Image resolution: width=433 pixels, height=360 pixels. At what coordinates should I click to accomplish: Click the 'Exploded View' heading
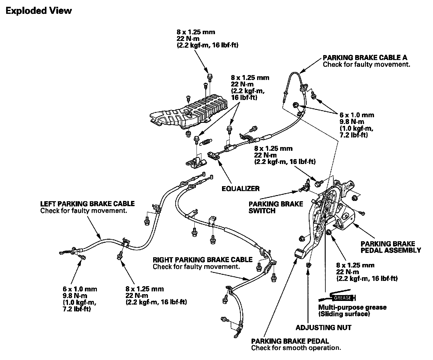pyautogui.click(x=38, y=11)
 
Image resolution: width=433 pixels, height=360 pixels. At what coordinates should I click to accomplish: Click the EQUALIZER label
pyautogui.click(x=240, y=188)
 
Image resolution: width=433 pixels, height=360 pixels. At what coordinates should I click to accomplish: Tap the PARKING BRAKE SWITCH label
pyautogui.click(x=276, y=207)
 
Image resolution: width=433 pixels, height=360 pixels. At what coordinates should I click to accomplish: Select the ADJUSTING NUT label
pyautogui.click(x=323, y=327)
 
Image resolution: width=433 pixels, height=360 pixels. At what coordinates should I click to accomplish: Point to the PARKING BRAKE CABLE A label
pyautogui.click(x=365, y=58)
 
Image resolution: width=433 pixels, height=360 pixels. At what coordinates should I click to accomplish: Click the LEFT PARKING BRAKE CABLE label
pyautogui.click(x=87, y=204)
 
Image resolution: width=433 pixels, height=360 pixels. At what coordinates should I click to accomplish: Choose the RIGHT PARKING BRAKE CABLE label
pyautogui.click(x=202, y=260)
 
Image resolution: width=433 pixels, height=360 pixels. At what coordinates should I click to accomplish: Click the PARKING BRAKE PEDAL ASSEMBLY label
pyautogui.click(x=391, y=247)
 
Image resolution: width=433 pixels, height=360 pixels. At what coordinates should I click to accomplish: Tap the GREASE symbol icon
pyautogui.click(x=342, y=298)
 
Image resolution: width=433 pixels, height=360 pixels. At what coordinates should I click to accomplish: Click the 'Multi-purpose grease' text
pyautogui.click(x=352, y=307)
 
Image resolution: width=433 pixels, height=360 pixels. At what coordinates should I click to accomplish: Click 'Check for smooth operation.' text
pyautogui.click(x=296, y=348)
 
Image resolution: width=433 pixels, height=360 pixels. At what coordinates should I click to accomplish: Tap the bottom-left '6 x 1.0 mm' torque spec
pyautogui.click(x=80, y=289)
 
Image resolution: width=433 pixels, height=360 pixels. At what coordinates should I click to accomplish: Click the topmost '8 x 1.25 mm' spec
pyautogui.click(x=196, y=32)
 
